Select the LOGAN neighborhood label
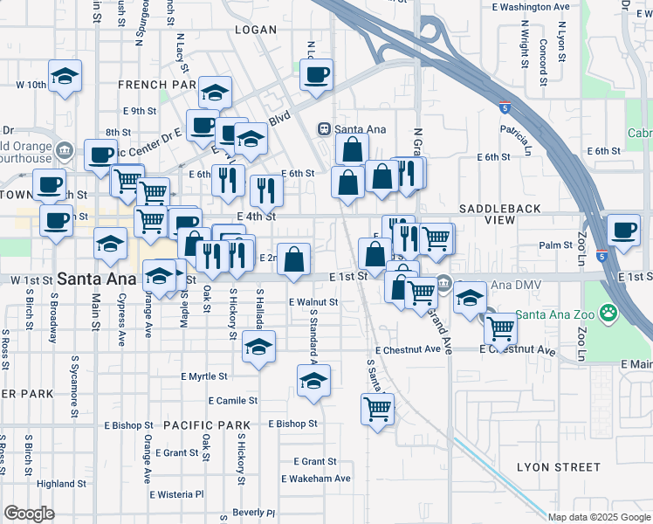point(257,30)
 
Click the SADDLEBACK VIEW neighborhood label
point(499,216)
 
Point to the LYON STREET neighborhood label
point(558,467)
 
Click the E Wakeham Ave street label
point(315,479)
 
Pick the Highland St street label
point(61,484)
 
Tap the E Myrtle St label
point(203,376)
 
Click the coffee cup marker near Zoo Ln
point(623,231)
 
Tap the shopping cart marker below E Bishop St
point(377,408)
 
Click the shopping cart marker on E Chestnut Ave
point(500,328)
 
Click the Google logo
point(29,514)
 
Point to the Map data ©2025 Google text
point(599,517)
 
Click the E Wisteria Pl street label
point(176,494)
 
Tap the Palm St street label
point(554,245)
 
